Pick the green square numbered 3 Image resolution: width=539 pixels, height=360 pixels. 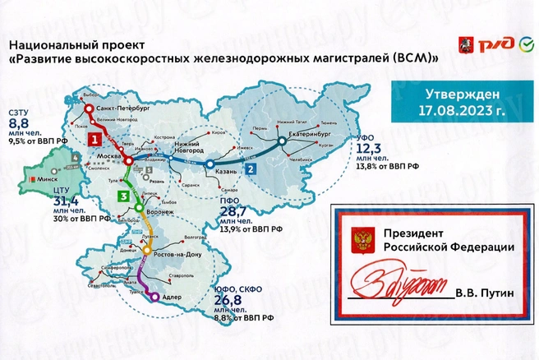[123, 196]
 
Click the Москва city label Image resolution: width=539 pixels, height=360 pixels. [110, 155]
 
